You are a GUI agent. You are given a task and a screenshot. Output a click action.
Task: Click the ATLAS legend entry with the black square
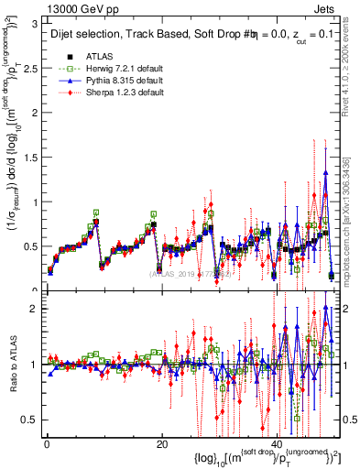[99, 55]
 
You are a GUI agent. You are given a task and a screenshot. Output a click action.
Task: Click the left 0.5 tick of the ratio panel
[29, 420]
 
